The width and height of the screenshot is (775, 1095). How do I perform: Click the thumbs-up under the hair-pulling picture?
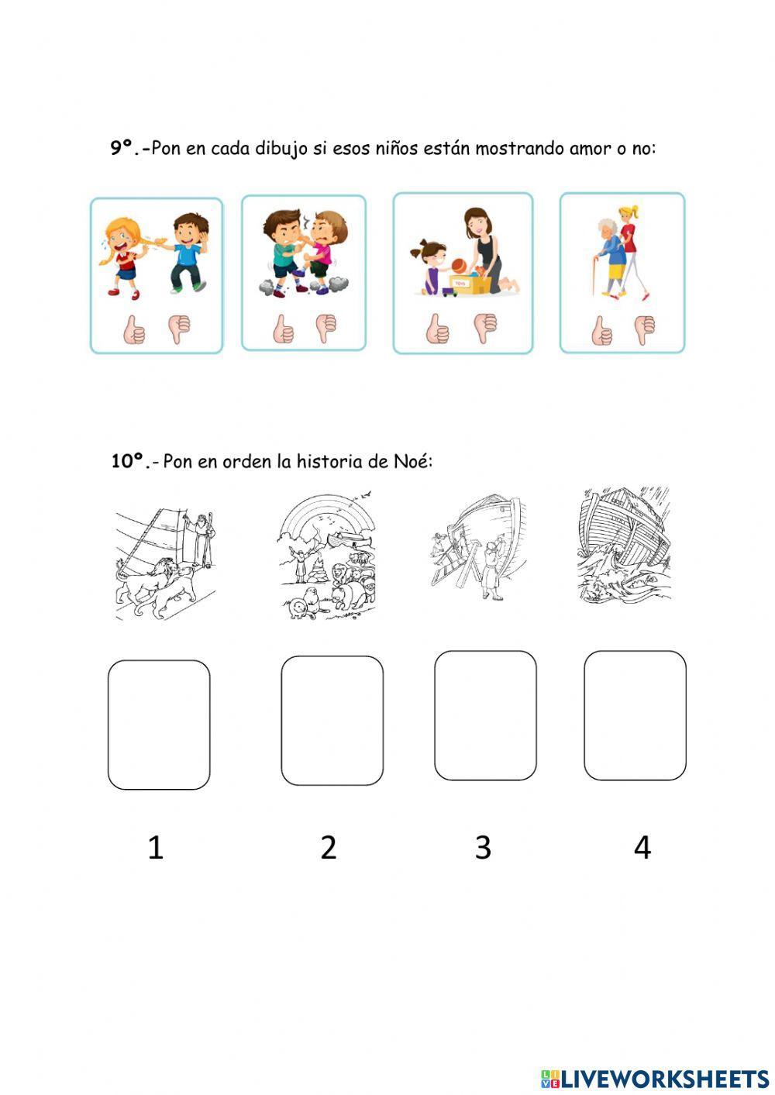(x=134, y=330)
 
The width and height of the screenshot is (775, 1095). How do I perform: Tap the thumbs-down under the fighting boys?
(x=326, y=329)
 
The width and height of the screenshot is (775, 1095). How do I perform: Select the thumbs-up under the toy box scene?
(x=437, y=329)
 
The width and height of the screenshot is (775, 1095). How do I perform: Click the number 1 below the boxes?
(x=156, y=848)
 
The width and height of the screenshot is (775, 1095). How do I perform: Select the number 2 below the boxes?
(x=329, y=848)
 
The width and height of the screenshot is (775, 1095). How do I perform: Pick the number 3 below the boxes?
(x=483, y=848)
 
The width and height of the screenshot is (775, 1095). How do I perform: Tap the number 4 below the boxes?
(x=642, y=848)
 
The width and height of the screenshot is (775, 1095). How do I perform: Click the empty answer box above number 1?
(x=159, y=725)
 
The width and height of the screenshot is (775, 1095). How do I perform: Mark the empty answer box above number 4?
(x=635, y=715)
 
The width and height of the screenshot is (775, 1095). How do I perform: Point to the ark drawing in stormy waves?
(x=624, y=546)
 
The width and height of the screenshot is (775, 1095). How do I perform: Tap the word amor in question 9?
(x=591, y=148)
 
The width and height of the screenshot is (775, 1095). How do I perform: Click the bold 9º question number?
(x=129, y=147)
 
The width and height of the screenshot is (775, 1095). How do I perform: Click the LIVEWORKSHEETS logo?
(x=655, y=1078)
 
